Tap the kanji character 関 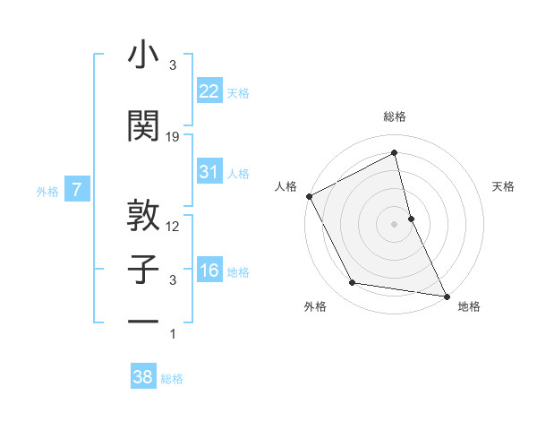(x=143, y=125)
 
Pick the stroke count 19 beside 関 (x=174, y=137)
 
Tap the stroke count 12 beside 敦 (x=174, y=227)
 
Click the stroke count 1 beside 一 (x=173, y=334)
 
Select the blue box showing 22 (x=209, y=90)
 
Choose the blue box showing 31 (x=209, y=172)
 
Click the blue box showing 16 (x=209, y=271)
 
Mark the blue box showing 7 (x=77, y=190)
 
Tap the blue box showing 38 (x=143, y=377)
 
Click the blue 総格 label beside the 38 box (x=172, y=379)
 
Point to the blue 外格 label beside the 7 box (x=47, y=191)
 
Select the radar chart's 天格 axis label (x=503, y=186)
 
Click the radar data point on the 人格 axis (x=309, y=196)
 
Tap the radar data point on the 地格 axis (x=445, y=296)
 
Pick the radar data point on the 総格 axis (x=394, y=153)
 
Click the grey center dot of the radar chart (x=394, y=223)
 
